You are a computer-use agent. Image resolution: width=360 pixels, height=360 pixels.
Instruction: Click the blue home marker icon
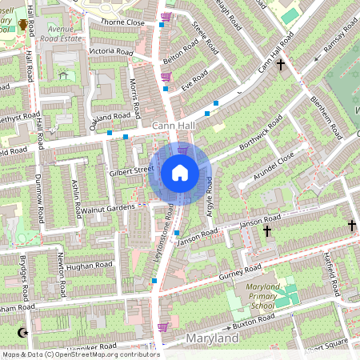tap(180, 173)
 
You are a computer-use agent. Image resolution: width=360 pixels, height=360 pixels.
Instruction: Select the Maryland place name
tap(212, 339)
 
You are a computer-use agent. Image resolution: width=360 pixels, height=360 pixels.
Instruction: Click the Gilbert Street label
tap(131, 170)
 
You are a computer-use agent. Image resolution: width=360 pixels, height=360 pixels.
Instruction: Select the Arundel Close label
tap(274, 166)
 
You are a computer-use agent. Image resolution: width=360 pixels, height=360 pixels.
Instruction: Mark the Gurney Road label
tap(242, 272)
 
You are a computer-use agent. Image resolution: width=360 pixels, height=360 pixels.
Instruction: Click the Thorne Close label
tap(122, 22)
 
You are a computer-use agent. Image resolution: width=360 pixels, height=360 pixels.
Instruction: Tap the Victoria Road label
tap(111, 51)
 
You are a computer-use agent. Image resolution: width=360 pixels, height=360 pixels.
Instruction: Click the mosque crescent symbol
tap(22, 332)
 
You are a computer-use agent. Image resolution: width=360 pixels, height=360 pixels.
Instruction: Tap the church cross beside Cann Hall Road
tap(281, 66)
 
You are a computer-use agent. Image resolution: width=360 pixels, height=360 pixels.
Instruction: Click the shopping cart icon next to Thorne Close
tap(166, 16)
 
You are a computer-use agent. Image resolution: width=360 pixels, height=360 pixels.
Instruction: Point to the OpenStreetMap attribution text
tap(80, 354)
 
